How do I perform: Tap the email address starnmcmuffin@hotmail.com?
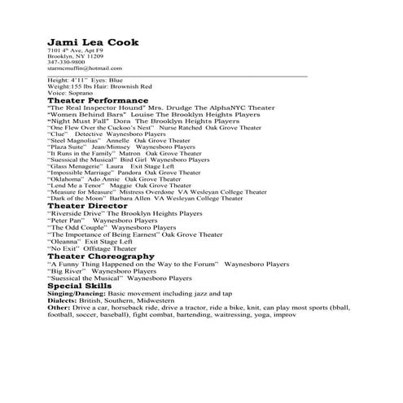[x=85, y=68]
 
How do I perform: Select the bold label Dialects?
[x=65, y=301]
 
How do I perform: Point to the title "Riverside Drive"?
[x=77, y=213]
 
